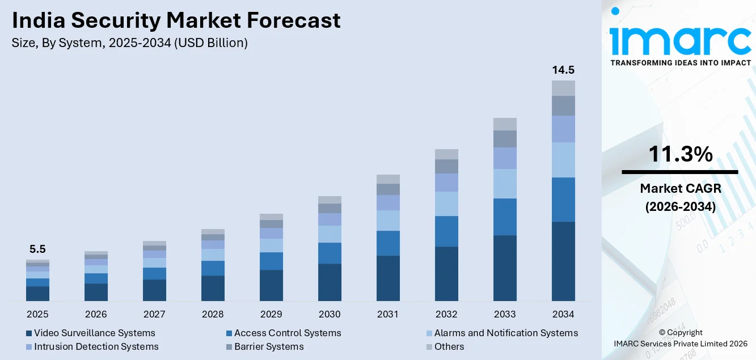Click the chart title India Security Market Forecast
click(176, 20)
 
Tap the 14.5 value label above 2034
click(563, 70)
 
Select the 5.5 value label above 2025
click(37, 249)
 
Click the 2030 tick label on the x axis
click(330, 314)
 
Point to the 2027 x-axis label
click(154, 314)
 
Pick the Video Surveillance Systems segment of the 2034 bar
click(563, 261)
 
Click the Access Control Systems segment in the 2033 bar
click(505, 217)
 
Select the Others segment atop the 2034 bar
click(563, 88)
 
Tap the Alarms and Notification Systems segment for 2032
click(446, 204)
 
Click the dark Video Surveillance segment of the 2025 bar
click(37, 293)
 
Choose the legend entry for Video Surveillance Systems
click(94, 333)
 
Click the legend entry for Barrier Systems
click(269, 346)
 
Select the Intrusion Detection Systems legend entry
click(96, 346)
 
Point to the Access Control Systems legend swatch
click(229, 333)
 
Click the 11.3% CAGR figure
click(680, 154)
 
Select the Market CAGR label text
click(680, 188)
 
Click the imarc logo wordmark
click(680, 39)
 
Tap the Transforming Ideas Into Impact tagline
click(680, 63)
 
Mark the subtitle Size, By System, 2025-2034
click(129, 43)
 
